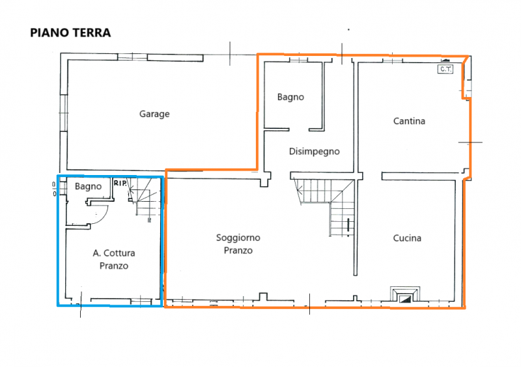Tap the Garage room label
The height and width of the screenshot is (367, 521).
click(x=154, y=114)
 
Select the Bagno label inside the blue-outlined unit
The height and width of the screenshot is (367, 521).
click(x=87, y=187)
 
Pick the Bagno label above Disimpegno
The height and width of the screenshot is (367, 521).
click(x=290, y=97)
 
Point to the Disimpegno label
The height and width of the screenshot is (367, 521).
click(x=314, y=151)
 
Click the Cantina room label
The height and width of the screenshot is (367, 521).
click(x=409, y=121)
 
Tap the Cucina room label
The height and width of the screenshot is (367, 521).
click(x=407, y=238)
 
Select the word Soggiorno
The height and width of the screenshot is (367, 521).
click(x=238, y=238)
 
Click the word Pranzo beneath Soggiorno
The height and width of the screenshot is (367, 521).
click(x=238, y=251)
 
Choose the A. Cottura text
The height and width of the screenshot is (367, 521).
click(x=113, y=253)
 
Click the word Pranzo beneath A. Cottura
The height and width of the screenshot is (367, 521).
click(x=113, y=265)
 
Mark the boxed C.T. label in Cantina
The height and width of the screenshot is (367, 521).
click(x=445, y=69)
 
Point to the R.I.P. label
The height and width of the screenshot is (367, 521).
click(x=120, y=183)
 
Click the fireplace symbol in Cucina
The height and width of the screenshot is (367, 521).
click(x=406, y=296)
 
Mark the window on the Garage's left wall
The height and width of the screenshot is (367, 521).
click(x=63, y=112)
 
